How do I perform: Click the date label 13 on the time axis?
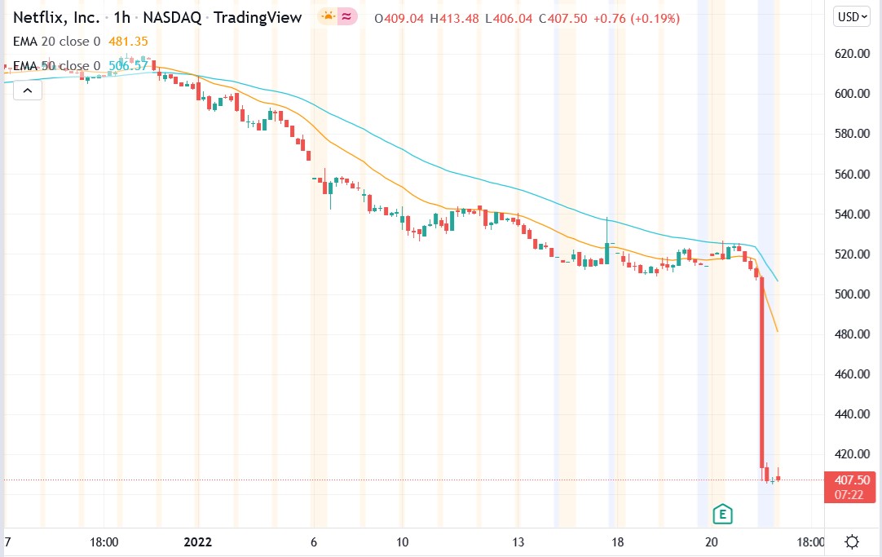tap(518, 542)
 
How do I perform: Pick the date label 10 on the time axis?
tap(402, 542)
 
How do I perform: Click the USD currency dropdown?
tap(853, 16)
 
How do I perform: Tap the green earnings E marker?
tap(721, 514)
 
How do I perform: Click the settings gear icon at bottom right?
tap(853, 542)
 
